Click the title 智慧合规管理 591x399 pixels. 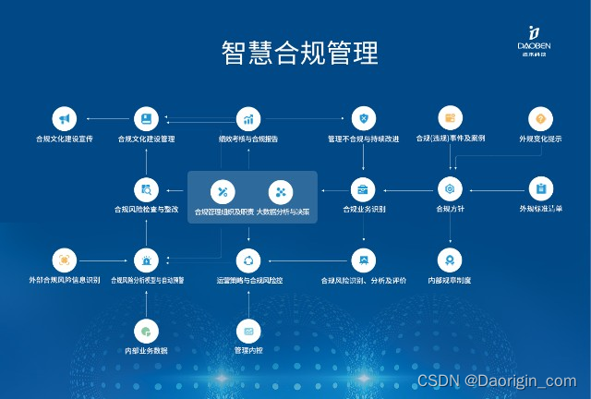click(300, 52)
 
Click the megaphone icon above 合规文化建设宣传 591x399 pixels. click(64, 119)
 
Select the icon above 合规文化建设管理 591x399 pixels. click(146, 119)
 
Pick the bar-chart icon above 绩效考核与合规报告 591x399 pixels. click(247, 119)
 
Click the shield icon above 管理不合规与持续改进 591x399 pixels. click(364, 119)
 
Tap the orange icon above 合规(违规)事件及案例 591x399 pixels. click(450, 119)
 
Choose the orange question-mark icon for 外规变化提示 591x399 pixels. click(540, 119)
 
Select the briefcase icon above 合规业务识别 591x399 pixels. click(364, 189)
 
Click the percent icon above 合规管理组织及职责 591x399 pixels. click(222, 192)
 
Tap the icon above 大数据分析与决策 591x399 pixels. click(281, 192)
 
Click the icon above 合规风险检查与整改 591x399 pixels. click(146, 189)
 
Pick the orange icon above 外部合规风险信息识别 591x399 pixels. click(64, 260)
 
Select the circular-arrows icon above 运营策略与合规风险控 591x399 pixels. click(247, 260)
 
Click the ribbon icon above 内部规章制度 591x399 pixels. click(450, 260)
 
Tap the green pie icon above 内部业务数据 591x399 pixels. click(146, 330)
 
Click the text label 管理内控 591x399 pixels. click(247, 350)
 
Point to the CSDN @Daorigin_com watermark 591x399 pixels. click(497, 381)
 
